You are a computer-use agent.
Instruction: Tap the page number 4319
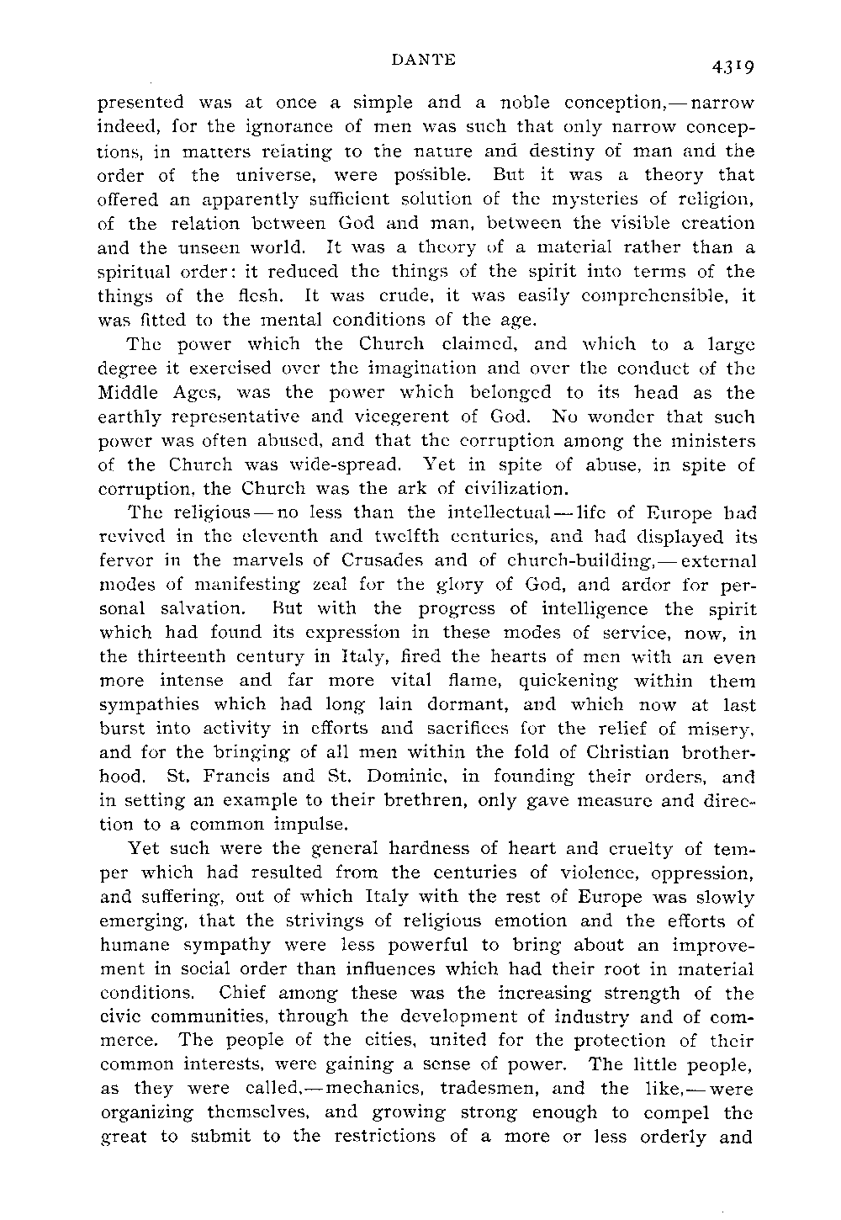731,67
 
